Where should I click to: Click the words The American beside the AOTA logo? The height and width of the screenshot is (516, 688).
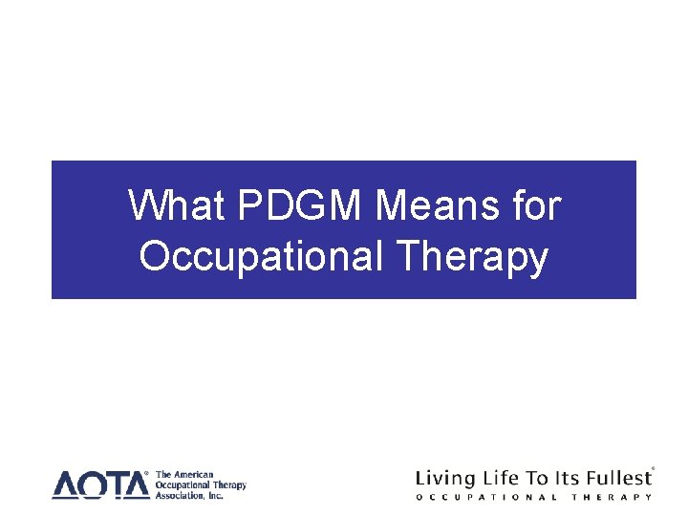coord(185,475)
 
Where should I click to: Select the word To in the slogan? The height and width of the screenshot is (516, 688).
coord(541,477)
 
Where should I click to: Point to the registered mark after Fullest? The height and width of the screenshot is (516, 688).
coord(653,469)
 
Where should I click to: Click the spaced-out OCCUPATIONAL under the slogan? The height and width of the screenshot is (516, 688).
coord(487,497)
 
